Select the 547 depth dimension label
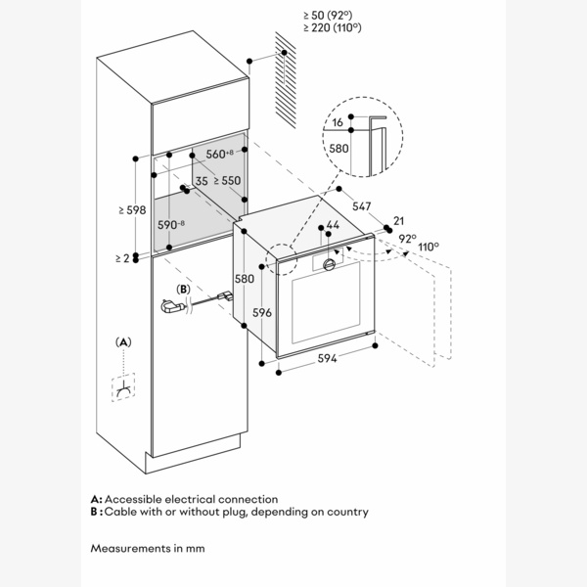click(x=361, y=207)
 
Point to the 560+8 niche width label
click(x=219, y=155)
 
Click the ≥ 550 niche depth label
click(x=227, y=181)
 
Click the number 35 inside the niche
click(x=201, y=181)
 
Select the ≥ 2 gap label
click(x=121, y=257)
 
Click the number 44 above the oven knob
click(x=333, y=226)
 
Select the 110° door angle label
click(x=428, y=248)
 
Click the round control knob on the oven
click(x=330, y=264)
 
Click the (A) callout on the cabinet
click(x=123, y=341)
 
